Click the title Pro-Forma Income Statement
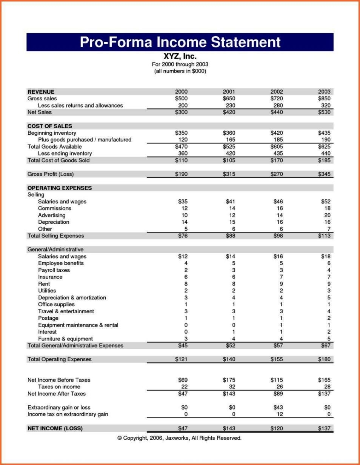[180, 42]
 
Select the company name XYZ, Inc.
[180, 57]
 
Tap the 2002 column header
[277, 92]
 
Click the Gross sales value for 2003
[324, 99]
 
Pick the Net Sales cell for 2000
[182, 112]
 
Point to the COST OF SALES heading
[50, 126]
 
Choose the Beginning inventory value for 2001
[229, 133]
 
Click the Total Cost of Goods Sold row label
[58, 160]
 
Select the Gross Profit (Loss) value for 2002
[277, 174]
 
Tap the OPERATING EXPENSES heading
[60, 188]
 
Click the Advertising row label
[52, 215]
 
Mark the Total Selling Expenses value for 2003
[324, 236]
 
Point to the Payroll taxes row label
[54, 270]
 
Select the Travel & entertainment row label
[66, 311]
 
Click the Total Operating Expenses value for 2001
[229, 359]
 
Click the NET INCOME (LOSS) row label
[55, 428]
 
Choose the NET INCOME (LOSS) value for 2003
[324, 428]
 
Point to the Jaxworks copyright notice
[179, 438]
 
